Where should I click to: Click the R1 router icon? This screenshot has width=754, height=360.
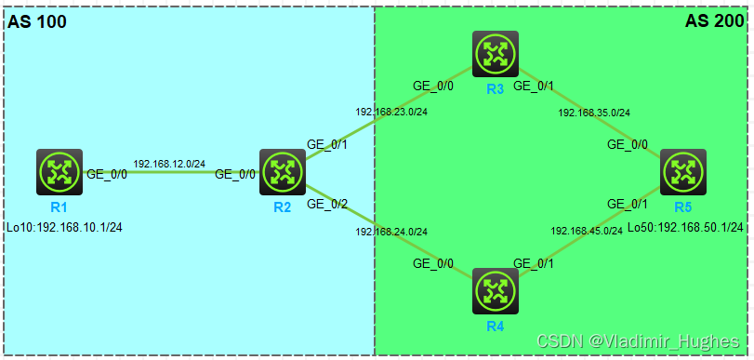[60, 171]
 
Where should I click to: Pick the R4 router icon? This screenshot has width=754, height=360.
[495, 291]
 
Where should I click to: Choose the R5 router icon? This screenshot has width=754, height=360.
[683, 172]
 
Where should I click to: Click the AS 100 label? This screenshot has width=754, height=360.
[37, 22]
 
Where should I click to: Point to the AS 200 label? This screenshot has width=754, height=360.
[714, 22]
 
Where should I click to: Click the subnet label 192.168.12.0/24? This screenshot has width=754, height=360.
[169, 164]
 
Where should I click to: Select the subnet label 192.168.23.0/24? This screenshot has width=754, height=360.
[391, 112]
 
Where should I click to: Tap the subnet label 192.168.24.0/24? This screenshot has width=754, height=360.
[391, 232]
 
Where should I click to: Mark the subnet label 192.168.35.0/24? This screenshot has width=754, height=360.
[594, 113]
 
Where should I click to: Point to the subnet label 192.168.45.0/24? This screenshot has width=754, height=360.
[587, 231]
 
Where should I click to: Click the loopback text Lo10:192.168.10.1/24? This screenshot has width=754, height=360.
[64, 226]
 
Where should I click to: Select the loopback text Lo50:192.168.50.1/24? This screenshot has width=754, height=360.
[685, 227]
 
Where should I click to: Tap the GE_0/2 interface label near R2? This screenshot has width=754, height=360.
[326, 204]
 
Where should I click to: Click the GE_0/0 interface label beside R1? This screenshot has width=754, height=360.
[107, 174]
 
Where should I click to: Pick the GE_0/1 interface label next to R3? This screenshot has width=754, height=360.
[534, 86]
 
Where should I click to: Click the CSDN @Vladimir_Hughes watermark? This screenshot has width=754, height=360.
[641, 341]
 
